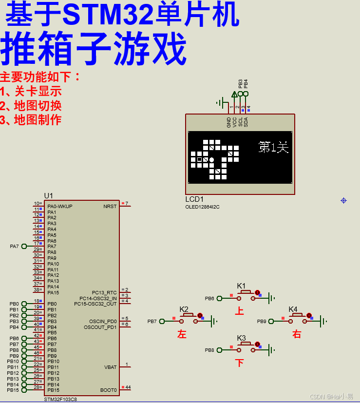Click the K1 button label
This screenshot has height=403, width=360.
coord(241,286)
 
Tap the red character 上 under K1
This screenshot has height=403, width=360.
coord(239,311)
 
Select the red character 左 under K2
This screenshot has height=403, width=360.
coord(182,334)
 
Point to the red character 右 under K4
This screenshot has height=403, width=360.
coord(297,334)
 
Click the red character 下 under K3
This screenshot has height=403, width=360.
coord(239,363)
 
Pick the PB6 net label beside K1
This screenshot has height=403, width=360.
coord(209,298)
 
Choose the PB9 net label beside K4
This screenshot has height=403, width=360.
coord(262,321)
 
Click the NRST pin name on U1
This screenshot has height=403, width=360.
coord(110,206)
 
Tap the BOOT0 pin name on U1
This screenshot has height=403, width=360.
coord(109,390)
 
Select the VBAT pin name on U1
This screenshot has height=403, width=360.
coord(110,367)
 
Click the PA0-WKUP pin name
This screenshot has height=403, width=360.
coord(60,206)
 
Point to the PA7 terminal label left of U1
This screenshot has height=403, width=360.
coord(14,247)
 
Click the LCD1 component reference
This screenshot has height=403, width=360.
coord(194,199)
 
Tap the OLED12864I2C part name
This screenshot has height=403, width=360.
coord(202,207)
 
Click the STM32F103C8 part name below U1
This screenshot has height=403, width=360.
coord(60,399)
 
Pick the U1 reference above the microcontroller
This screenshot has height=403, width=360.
coord(48,195)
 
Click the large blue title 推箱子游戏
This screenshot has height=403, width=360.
coord(94,49)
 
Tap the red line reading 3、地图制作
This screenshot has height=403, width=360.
coord(31,119)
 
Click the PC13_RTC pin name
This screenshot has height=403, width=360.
coord(104,292)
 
